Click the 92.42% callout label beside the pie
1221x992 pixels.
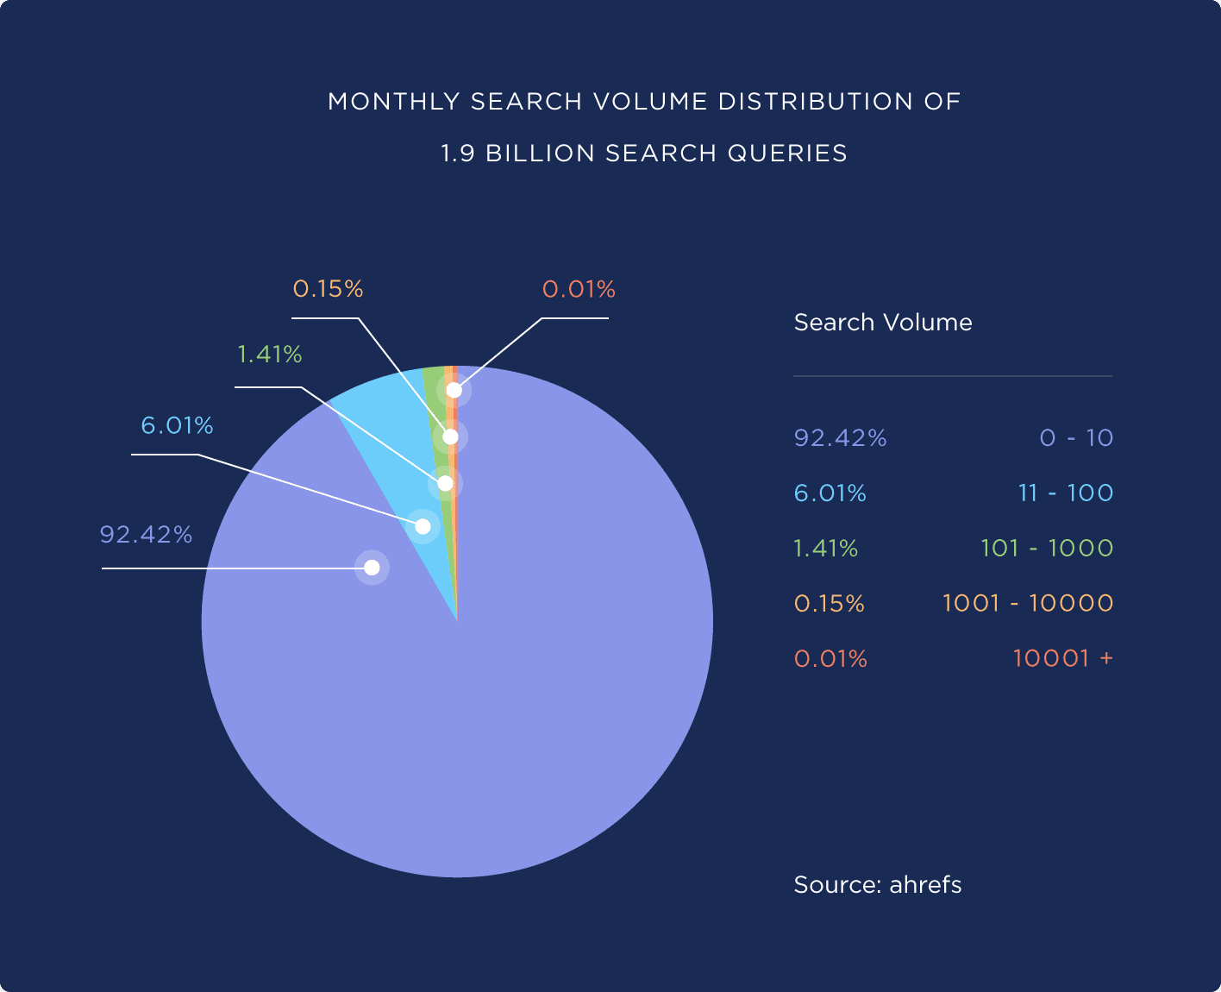(146, 535)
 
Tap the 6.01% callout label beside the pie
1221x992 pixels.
(177, 426)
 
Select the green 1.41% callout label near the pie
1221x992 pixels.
(269, 355)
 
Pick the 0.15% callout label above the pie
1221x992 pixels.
(328, 289)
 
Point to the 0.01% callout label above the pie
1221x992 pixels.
(579, 290)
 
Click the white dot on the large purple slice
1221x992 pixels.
(372, 568)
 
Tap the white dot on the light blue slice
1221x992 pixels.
(423, 526)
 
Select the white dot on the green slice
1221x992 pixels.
(445, 483)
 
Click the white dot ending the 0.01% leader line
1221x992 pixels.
(454, 391)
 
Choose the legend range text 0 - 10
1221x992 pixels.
(1076, 438)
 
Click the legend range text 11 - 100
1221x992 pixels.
(1066, 493)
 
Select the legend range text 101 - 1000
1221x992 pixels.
(1047, 549)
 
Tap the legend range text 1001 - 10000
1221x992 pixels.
(1028, 604)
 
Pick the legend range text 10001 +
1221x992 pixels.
(1062, 659)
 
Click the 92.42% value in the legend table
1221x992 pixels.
(840, 438)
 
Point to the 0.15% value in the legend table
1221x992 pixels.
(829, 604)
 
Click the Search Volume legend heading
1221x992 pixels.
(883, 323)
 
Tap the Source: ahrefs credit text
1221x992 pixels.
(877, 885)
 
